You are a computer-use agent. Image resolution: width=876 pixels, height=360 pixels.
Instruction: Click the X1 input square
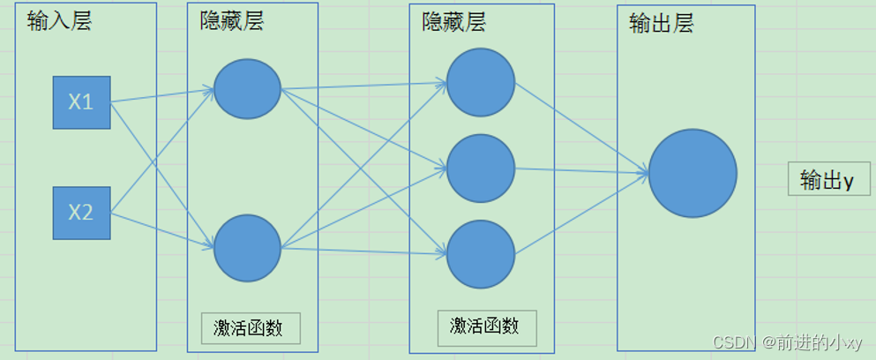coord(81,102)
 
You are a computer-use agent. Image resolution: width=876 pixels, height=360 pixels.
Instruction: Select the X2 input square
coord(81,213)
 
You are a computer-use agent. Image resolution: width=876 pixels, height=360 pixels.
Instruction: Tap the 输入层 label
coord(59,21)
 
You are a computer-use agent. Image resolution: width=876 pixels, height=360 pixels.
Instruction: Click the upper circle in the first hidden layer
coord(247,88)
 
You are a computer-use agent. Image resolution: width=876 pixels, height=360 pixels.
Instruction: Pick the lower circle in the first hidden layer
coord(247,248)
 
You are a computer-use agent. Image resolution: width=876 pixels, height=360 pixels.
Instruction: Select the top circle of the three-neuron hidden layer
coord(480,82)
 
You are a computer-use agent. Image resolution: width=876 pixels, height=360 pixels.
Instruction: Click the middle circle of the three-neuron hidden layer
coord(480,168)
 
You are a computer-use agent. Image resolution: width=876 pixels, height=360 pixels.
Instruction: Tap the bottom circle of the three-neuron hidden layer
coord(480,254)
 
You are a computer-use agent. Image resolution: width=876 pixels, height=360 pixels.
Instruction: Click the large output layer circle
coord(693,173)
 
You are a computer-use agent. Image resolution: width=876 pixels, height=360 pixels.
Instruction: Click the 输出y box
coord(828,180)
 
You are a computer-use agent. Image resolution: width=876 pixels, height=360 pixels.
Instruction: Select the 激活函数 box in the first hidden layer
coord(250,328)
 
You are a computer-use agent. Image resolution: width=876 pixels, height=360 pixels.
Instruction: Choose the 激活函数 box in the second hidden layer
coord(484,327)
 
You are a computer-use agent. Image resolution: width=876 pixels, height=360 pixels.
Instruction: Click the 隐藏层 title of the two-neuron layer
coord(232,22)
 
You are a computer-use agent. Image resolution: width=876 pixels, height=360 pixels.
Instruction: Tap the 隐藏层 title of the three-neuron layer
coord(453,22)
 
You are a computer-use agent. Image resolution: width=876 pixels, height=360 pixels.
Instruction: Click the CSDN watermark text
coord(787,342)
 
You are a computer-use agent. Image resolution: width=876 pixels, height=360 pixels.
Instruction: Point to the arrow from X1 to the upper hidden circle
coord(162,94)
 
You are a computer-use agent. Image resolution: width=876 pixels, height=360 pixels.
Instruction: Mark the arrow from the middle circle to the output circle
coord(582,169)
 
